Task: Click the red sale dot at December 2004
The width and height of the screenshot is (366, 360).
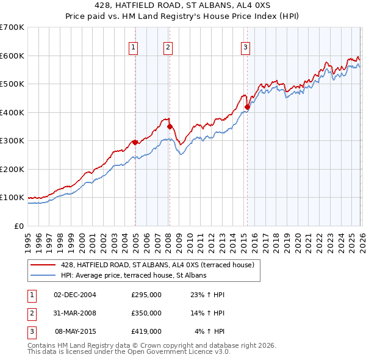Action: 135,142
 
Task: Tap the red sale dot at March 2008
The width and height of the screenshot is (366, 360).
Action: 170,126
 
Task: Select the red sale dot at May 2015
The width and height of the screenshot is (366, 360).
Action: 247,107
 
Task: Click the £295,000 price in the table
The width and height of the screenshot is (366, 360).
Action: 146,295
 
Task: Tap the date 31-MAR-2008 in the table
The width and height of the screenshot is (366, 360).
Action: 75,313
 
